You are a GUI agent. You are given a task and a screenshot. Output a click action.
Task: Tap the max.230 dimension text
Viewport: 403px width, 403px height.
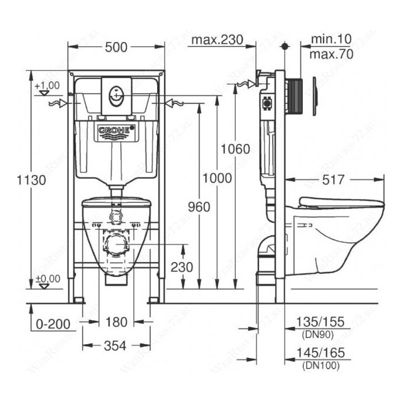tap(218, 40)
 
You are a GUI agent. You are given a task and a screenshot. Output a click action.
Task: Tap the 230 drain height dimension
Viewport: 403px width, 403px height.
tap(181, 267)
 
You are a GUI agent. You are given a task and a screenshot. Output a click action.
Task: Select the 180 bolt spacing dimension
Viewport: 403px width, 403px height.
tap(116, 322)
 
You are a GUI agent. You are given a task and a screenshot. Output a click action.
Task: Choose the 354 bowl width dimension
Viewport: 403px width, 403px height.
tap(116, 346)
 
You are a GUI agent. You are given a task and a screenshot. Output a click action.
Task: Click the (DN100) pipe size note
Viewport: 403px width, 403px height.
tap(320, 366)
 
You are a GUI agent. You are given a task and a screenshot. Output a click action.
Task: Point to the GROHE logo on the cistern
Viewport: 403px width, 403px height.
tap(116, 130)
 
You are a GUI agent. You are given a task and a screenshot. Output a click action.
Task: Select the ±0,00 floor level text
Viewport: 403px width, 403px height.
tap(47, 278)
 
